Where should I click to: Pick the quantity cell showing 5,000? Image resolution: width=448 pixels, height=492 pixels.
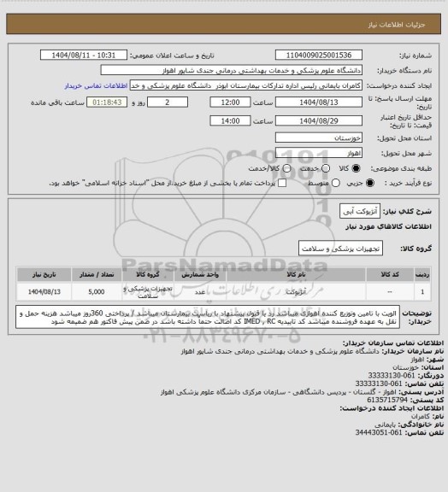(95, 291)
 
